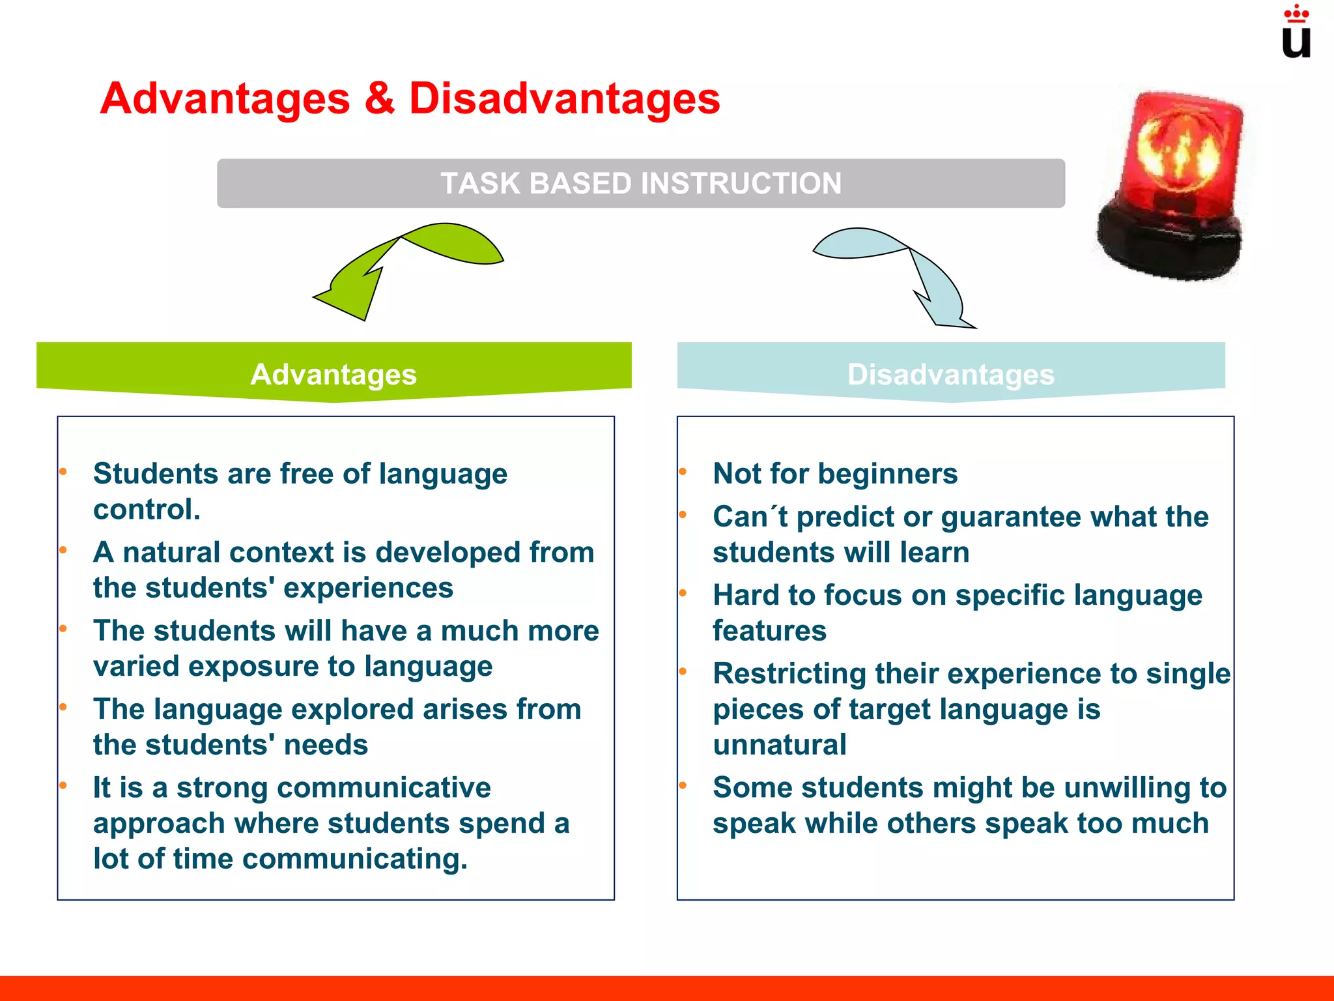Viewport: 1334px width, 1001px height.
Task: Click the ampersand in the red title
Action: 380,99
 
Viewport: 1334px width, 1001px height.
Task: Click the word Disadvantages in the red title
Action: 564,99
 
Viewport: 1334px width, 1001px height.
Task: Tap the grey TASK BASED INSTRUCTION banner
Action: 641,183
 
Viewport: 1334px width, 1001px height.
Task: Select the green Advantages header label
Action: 333,374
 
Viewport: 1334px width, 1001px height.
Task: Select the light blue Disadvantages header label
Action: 950,374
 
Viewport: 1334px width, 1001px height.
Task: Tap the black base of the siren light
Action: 1169,244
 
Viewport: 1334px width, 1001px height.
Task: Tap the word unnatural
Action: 780,745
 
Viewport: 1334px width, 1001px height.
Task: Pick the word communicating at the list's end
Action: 354,859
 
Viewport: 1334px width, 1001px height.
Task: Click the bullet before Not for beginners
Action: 683,471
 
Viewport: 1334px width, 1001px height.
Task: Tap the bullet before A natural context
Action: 63,550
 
